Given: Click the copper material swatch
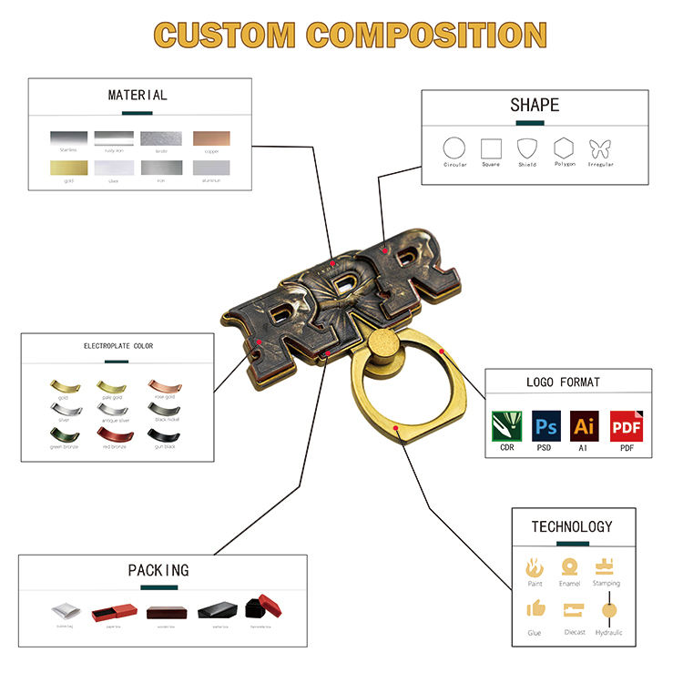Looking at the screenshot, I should tap(211, 138).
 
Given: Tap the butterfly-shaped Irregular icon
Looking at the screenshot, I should tap(600, 148).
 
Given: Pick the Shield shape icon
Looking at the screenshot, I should tap(526, 148).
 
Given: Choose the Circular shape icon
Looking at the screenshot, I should tap(454, 148).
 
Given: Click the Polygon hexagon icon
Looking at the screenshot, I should tap(564, 148).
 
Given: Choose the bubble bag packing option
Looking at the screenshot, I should tap(64, 609).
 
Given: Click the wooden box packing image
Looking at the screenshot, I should tap(164, 609).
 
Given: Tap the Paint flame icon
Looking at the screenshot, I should tap(535, 568).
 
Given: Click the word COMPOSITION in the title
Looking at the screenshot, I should tap(426, 35).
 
